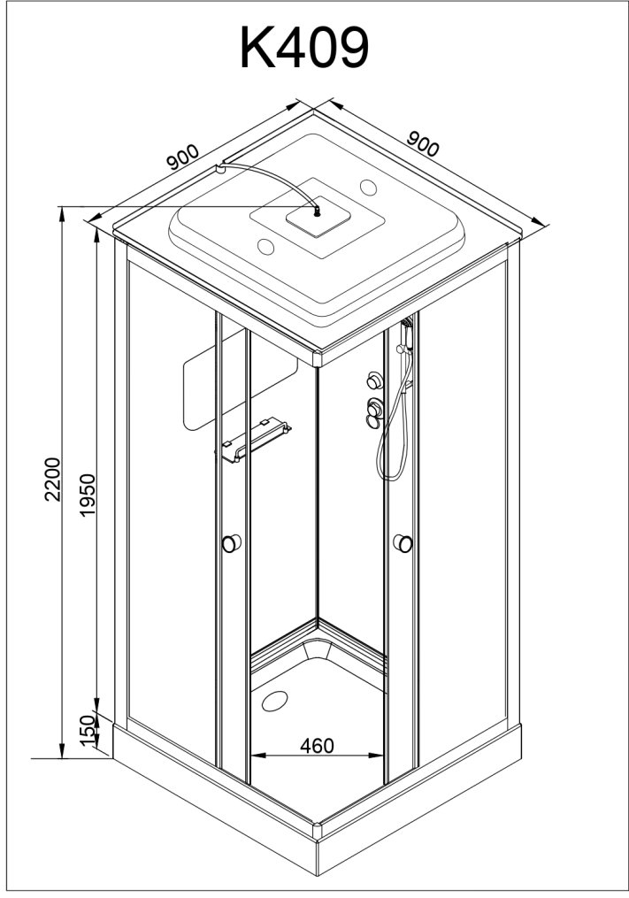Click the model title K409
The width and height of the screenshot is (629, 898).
click(304, 49)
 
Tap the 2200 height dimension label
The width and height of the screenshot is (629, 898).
click(53, 479)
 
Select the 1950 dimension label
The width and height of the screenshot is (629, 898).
click(87, 495)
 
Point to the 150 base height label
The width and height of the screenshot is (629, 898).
click(88, 730)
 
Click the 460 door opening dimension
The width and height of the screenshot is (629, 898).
click(317, 745)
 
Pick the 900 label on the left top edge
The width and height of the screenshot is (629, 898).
click(183, 157)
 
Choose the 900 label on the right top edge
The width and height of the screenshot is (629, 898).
click(423, 143)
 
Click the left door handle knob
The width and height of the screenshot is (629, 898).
click(232, 542)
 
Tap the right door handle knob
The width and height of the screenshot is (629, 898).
click(403, 543)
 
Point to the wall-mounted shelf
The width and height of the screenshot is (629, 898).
click(253, 439)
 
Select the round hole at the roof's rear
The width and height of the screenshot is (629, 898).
click(368, 187)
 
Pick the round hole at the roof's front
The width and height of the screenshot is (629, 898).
click(266, 246)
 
